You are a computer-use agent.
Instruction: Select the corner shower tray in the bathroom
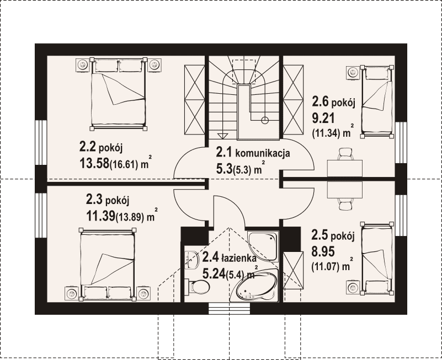(263, 246)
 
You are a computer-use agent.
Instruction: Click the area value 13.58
(94, 163)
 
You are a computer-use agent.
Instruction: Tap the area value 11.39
(101, 216)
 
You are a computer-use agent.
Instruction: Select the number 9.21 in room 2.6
(323, 118)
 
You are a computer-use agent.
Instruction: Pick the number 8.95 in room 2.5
(323, 251)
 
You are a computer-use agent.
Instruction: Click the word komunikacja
(263, 153)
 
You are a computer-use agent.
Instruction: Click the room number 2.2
(88, 147)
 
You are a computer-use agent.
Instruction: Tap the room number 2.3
(94, 200)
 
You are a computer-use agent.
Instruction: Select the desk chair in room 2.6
(345, 154)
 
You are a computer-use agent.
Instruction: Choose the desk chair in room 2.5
(345, 203)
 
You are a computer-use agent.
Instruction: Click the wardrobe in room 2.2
(194, 100)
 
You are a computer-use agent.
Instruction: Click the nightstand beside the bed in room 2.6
(353, 73)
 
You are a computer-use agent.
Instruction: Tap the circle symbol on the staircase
(265, 121)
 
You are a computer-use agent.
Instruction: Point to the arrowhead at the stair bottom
(222, 136)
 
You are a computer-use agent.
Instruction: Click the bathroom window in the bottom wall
(230, 308)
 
